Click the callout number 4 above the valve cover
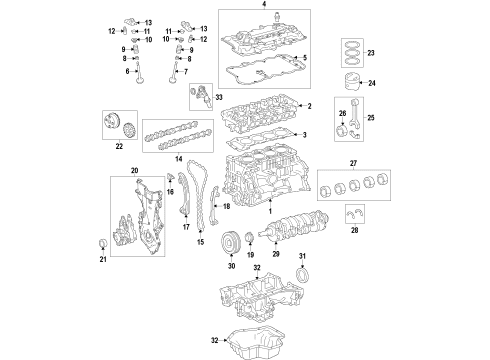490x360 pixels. (264, 6)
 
